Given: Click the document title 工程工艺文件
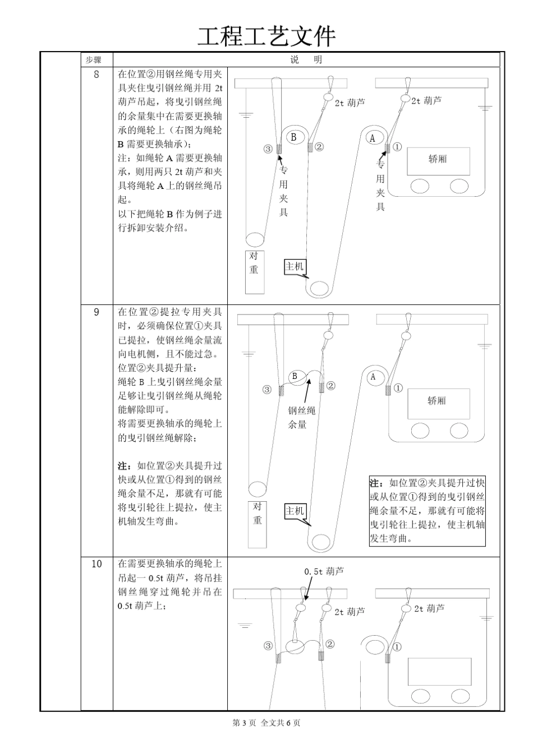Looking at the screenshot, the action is (x=266, y=36).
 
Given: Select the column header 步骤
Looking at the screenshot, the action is (x=93, y=60).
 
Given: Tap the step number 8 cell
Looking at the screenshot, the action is (x=97, y=75).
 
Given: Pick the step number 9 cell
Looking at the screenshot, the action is (x=97, y=312).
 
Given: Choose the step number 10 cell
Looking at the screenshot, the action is (x=97, y=564).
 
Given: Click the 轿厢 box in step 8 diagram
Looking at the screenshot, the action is (x=438, y=159).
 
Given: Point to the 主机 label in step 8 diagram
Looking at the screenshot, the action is (x=295, y=266).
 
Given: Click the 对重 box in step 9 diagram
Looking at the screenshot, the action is (x=257, y=524).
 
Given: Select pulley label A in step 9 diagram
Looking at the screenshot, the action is (x=373, y=377).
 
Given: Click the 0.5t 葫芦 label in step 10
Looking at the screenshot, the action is (x=324, y=571).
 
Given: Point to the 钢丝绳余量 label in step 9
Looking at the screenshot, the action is (x=302, y=418).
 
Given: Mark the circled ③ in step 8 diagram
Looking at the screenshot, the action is (x=268, y=149).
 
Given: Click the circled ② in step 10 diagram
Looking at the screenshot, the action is (x=330, y=644).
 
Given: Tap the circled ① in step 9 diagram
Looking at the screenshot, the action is (x=397, y=387).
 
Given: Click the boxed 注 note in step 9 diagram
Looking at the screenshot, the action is (x=427, y=510).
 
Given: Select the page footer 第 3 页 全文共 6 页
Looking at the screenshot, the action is (x=266, y=723).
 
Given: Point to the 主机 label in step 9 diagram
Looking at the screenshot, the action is (x=295, y=511).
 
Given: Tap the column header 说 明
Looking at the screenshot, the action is (x=306, y=60).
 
